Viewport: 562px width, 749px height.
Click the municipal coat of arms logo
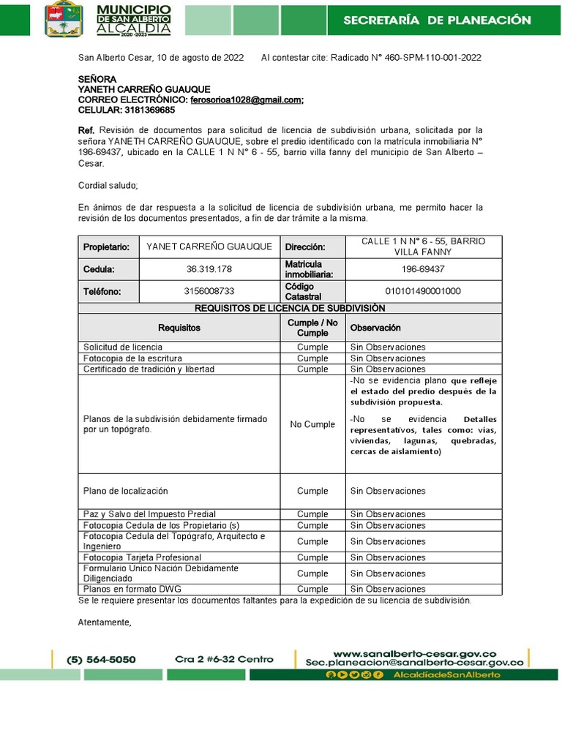point(66,19)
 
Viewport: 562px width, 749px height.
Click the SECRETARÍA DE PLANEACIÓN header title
point(437,20)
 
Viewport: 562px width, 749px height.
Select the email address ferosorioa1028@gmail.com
point(246,99)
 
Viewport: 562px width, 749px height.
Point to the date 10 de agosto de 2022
point(198,58)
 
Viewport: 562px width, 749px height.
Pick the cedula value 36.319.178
point(209,269)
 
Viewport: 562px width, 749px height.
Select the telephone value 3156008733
point(209,291)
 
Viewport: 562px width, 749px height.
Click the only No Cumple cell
point(312,424)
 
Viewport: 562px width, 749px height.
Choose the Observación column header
point(375,328)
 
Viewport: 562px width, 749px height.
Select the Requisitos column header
point(179,328)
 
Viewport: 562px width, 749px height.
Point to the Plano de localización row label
point(126,491)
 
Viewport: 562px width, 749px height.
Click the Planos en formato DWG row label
point(132,589)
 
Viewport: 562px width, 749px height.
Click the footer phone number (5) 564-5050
point(101,659)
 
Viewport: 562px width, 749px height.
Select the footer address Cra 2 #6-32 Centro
point(224,659)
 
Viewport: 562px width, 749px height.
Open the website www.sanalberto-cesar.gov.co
point(415,653)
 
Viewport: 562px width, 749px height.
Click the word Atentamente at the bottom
point(105,622)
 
